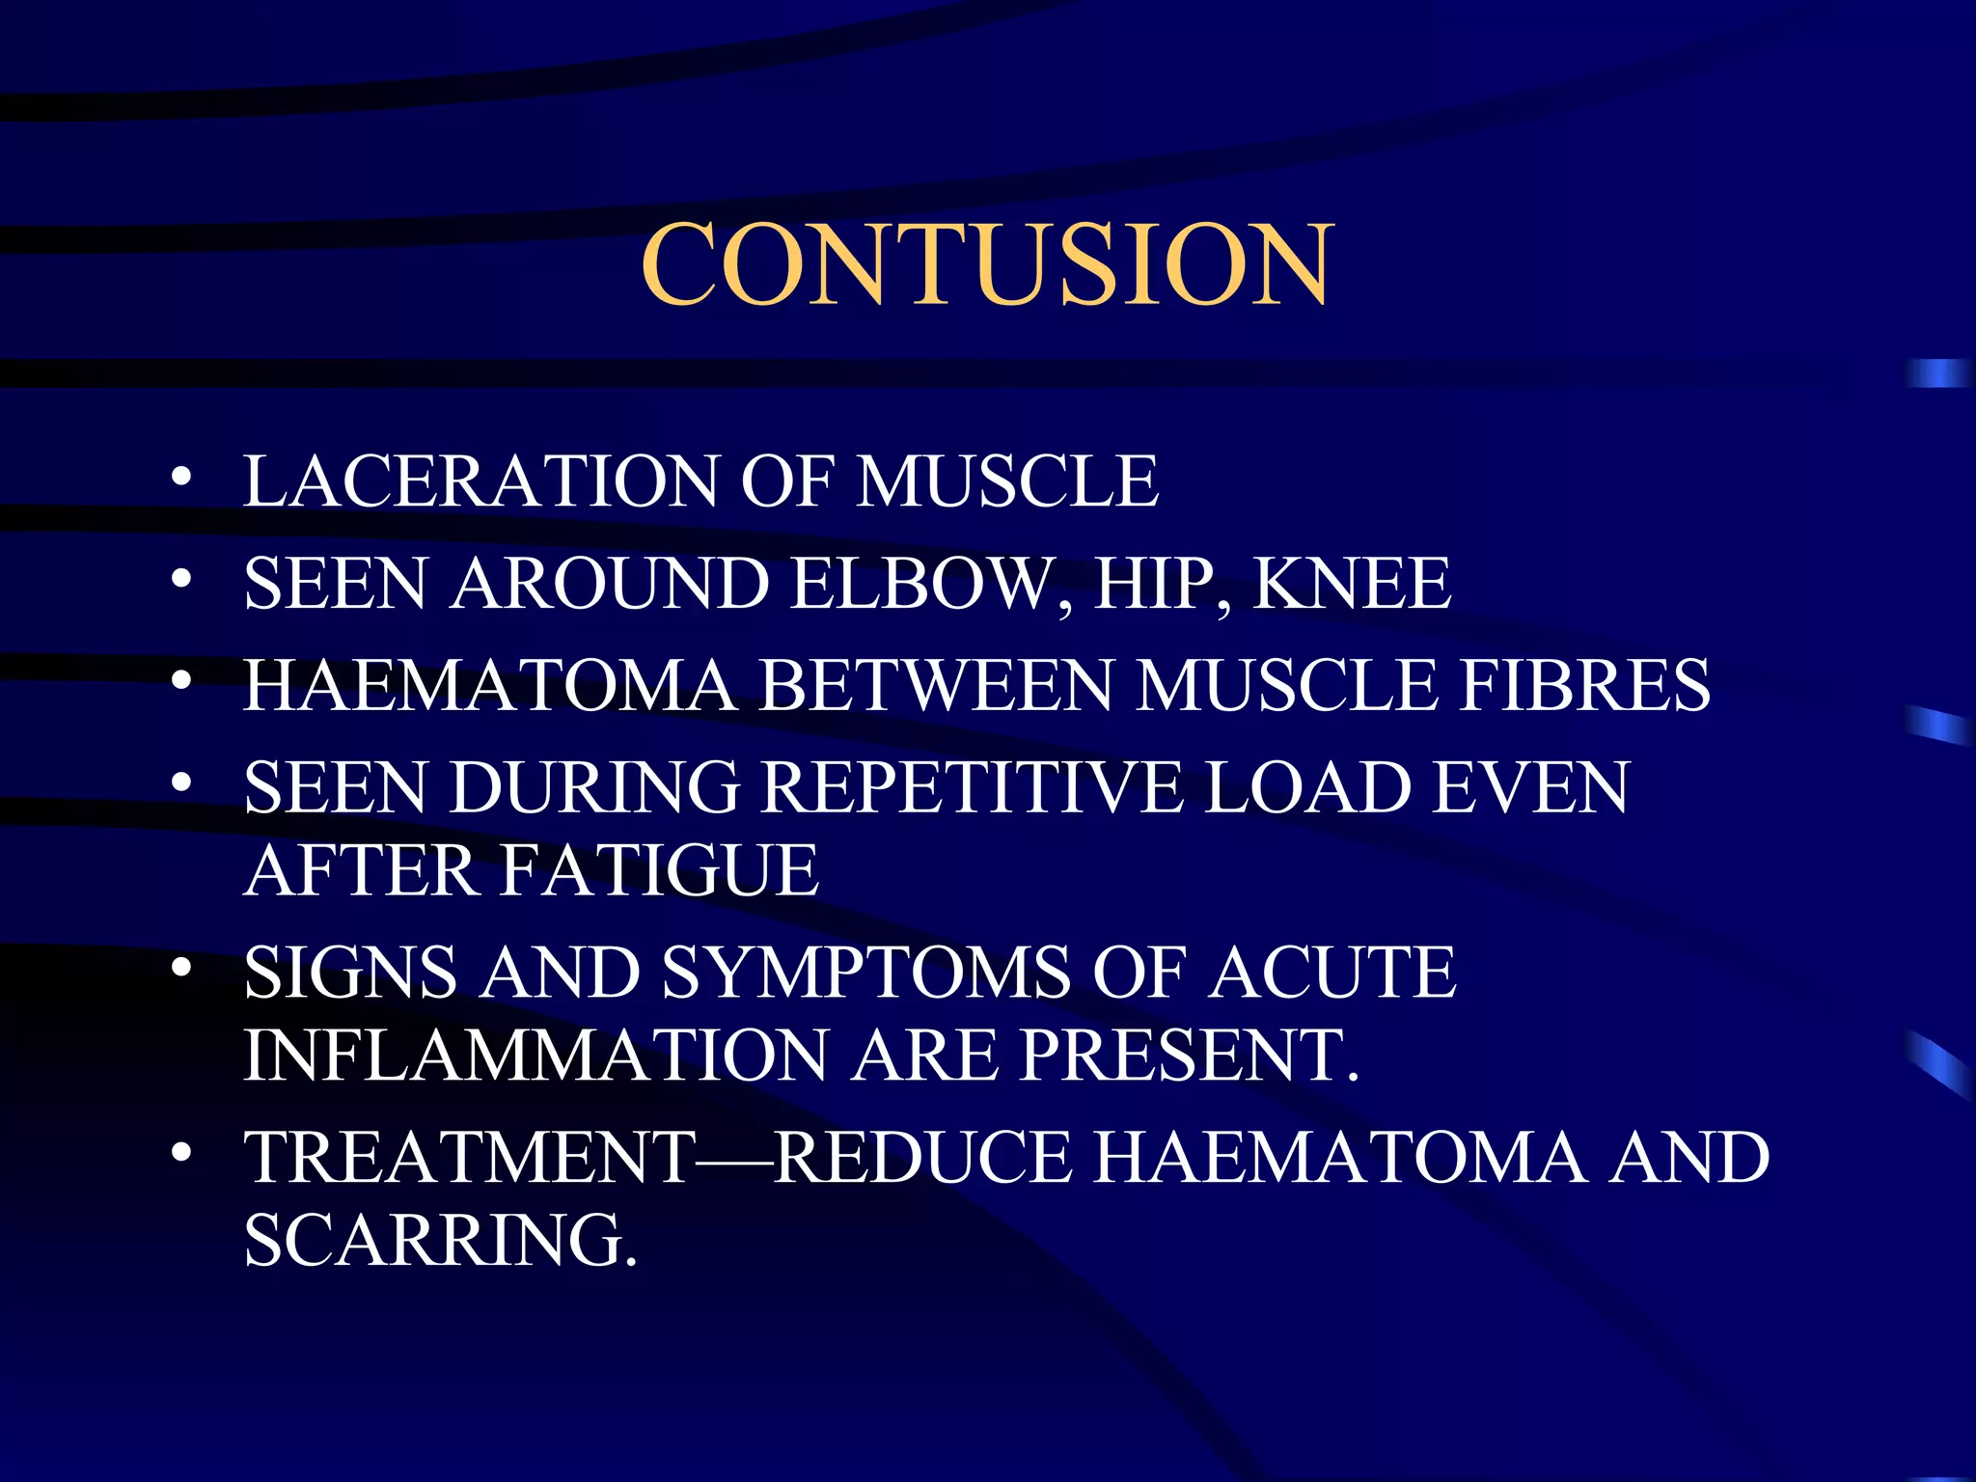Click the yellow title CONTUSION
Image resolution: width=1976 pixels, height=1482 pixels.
987,264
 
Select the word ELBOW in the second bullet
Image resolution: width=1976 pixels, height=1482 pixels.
919,584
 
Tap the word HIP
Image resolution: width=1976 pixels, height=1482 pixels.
1158,584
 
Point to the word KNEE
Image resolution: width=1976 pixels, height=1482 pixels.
1351,584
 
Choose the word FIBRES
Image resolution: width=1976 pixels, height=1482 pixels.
1583,686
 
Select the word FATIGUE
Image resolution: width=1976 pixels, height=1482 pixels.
660,870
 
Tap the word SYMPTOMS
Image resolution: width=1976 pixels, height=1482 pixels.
865,973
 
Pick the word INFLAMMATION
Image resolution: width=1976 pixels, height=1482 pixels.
535,1056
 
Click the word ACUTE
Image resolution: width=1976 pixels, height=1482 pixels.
1331,973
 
